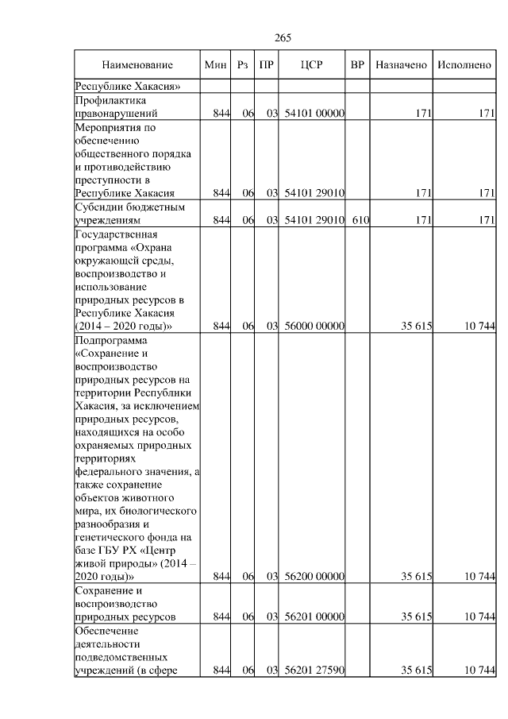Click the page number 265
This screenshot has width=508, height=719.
pos(283,38)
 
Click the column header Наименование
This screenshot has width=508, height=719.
pos(137,64)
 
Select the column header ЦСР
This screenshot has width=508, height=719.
pos(310,64)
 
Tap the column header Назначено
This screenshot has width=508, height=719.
pos(401,64)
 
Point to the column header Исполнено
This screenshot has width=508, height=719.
pos(464,64)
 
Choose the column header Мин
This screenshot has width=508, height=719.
pos(215,64)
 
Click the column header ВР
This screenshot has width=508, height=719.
pos(357,64)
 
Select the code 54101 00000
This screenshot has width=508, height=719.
pos(314,114)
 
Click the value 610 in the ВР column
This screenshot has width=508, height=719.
pos(360,220)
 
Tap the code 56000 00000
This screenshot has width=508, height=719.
pos(314,326)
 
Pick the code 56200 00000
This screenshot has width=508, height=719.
pos(314,576)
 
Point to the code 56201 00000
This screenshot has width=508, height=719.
pos(314,617)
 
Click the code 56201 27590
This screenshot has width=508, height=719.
pos(314,671)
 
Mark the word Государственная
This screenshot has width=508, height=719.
pos(117,234)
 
